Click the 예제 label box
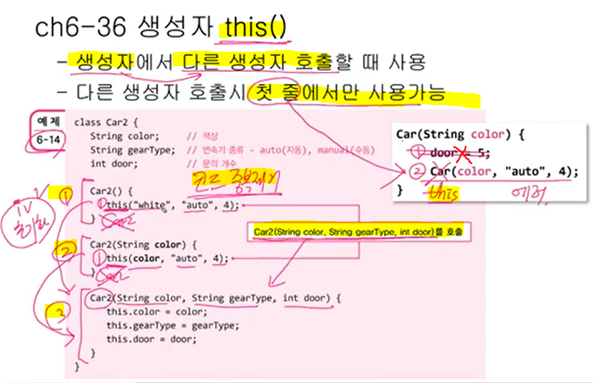(x=45, y=121)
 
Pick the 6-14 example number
(x=45, y=140)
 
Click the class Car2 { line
(x=109, y=123)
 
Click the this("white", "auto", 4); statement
(x=173, y=205)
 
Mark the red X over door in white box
(x=460, y=153)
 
